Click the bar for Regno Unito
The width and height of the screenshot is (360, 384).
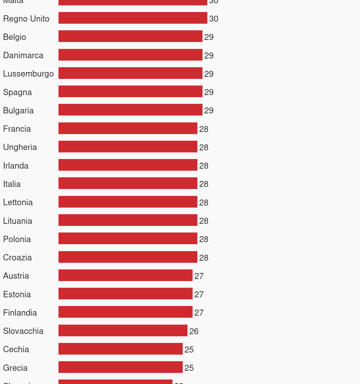[133, 18]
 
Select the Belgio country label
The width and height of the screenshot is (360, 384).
[15, 37]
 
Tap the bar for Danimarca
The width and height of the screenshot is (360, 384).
[130, 55]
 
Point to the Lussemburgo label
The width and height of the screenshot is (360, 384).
[28, 73]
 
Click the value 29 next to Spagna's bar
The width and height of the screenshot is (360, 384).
[209, 92]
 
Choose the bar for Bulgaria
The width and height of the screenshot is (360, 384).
[130, 110]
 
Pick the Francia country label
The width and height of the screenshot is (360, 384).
[17, 129]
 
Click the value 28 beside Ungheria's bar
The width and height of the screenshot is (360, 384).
[204, 147]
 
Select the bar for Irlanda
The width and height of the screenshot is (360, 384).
[128, 165]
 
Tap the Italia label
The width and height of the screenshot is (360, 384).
[12, 184]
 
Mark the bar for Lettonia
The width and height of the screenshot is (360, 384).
[128, 202]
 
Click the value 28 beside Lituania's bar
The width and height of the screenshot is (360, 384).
[204, 221]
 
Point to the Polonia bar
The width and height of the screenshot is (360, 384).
[128, 238]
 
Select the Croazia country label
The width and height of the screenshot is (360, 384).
[17, 257]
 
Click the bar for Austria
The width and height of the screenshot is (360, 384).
[125, 275]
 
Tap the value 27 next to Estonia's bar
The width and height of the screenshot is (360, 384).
[199, 294]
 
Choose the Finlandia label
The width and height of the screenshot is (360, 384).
[20, 313]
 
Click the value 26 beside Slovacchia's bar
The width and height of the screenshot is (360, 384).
[194, 331]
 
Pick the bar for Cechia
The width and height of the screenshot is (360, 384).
[120, 349]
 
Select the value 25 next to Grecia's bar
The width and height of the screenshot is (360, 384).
[189, 368]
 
